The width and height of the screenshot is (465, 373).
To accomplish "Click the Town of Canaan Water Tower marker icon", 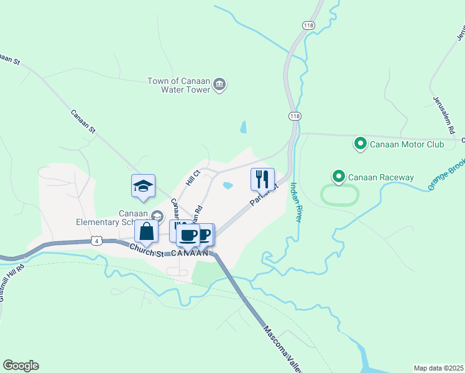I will click(x=219, y=85).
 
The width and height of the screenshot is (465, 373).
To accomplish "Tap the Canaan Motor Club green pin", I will click(x=360, y=144).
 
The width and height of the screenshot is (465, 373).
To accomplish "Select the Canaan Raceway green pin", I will click(x=339, y=177).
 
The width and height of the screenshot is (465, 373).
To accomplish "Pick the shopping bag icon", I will click(x=146, y=231).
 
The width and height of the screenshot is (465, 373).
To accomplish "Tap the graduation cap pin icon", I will click(x=143, y=186).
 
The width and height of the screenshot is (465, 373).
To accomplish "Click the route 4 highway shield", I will click(x=95, y=240).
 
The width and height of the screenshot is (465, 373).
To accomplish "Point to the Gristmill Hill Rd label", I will click(x=12, y=283).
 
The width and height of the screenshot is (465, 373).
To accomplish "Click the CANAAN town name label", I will click(x=187, y=253).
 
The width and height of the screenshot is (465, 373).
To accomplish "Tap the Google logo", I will click(x=21, y=366).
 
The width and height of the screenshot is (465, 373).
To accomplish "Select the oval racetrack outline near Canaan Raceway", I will click(x=340, y=195).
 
